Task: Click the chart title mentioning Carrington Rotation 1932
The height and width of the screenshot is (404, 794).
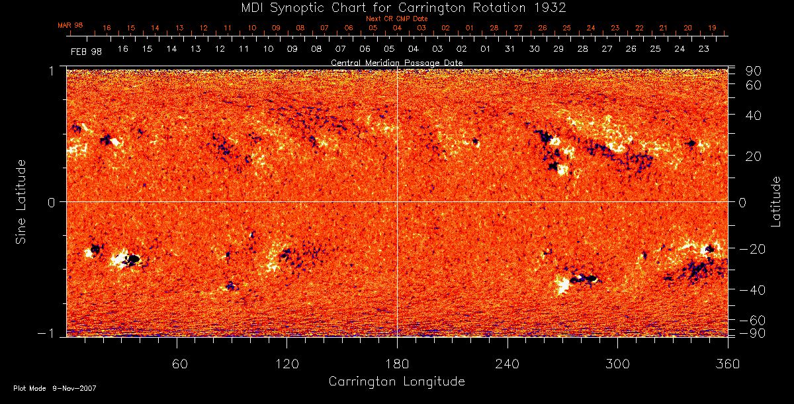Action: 396,8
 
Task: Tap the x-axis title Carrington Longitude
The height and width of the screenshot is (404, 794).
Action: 396,381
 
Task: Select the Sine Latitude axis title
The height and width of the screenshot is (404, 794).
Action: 21,201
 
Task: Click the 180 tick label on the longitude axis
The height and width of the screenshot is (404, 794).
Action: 397,364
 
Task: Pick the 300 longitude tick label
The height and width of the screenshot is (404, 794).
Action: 617,364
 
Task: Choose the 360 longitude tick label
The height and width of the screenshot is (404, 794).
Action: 728,364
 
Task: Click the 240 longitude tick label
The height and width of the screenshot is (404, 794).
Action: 507,364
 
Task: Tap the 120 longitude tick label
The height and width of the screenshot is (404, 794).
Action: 287,364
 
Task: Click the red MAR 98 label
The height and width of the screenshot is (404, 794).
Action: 69,25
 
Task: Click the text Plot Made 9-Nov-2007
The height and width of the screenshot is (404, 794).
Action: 55,388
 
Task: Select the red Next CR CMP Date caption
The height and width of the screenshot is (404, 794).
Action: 396,19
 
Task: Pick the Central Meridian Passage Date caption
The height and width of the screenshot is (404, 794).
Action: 396,62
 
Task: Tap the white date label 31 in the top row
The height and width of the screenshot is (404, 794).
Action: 509,50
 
